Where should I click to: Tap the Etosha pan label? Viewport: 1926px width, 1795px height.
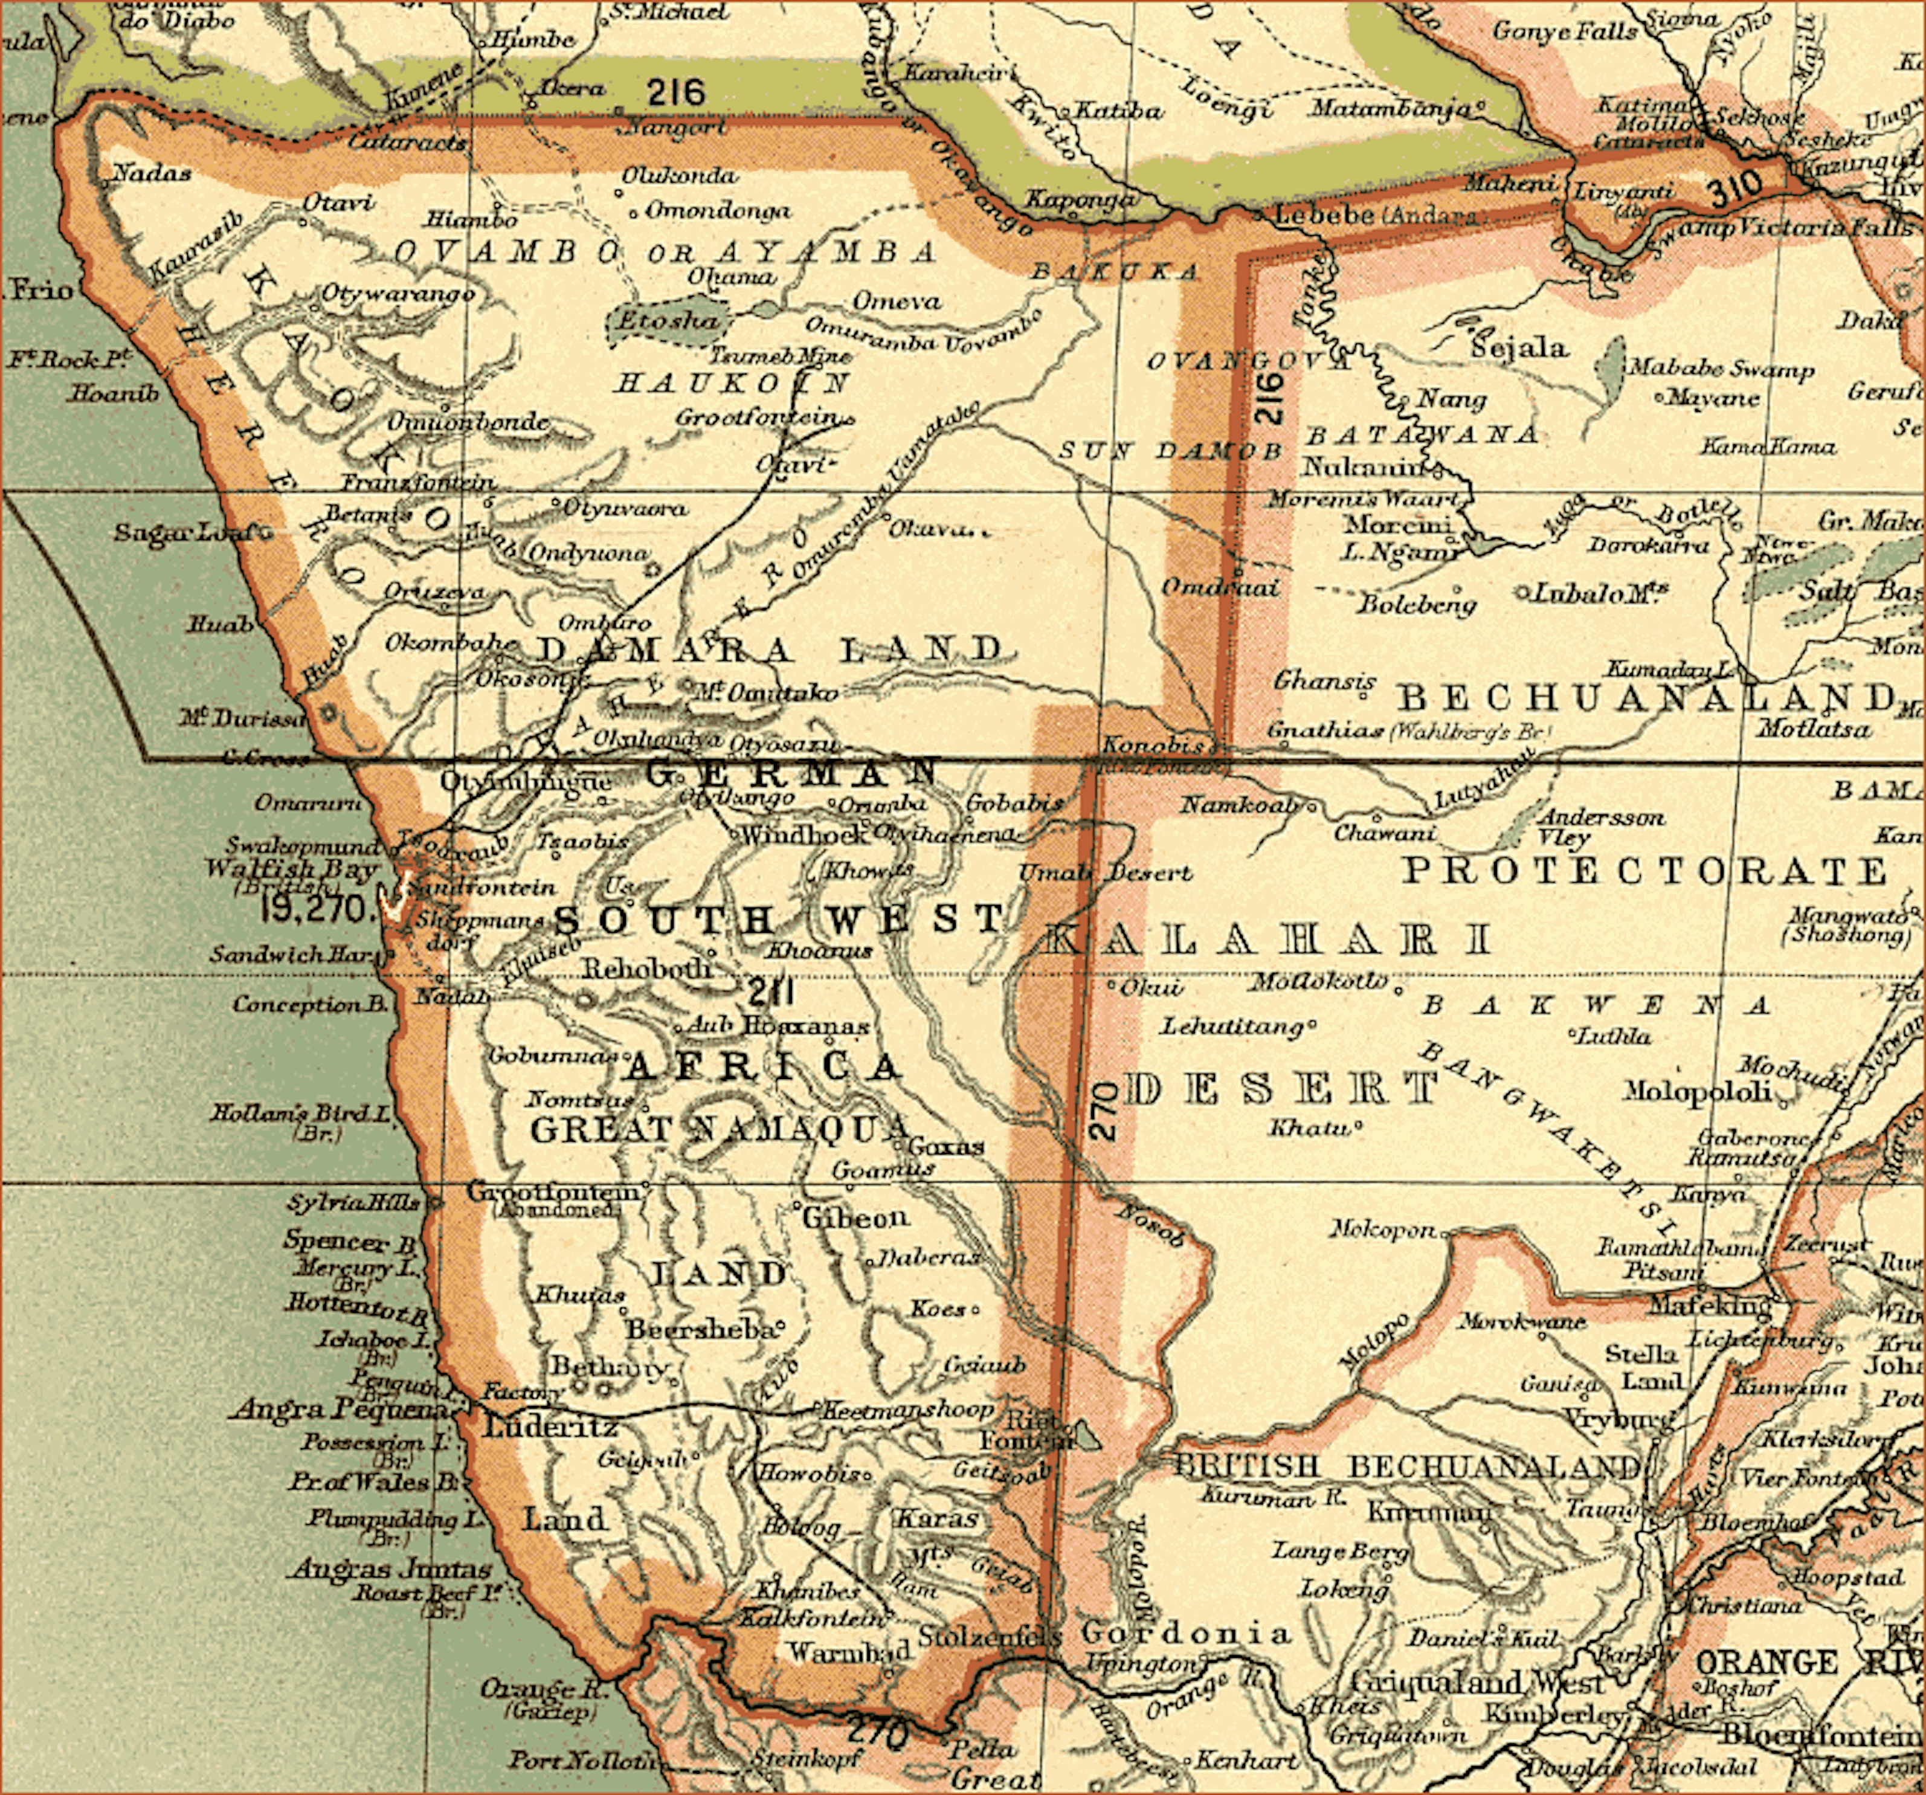[x=668, y=321]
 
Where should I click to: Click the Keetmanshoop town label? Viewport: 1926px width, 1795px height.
[x=908, y=1410]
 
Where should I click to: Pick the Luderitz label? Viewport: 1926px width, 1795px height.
[x=550, y=1427]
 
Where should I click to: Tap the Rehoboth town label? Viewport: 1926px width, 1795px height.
[x=646, y=968]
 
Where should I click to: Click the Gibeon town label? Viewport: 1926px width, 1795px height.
[x=854, y=1217]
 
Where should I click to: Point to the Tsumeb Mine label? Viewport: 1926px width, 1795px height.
[x=781, y=355]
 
